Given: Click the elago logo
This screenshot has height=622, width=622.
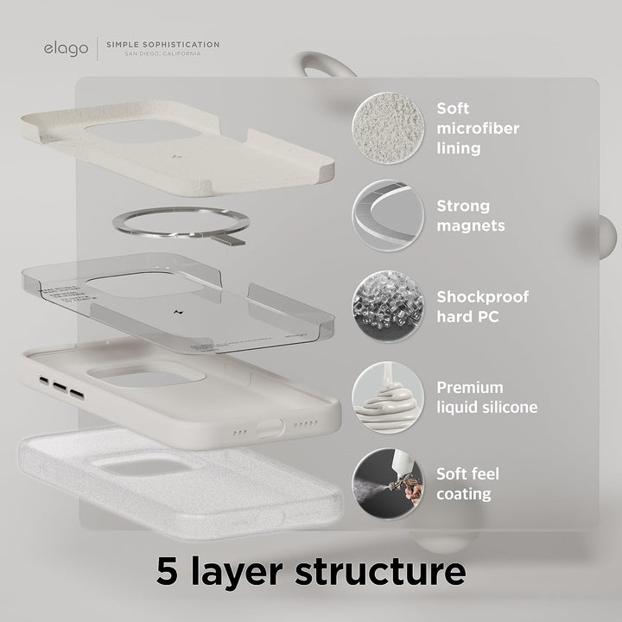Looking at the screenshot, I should tap(66, 48).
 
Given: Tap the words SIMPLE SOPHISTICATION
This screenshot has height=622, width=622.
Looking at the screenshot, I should tap(162, 44).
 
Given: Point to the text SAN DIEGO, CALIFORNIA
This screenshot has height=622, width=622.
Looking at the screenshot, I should tap(162, 54).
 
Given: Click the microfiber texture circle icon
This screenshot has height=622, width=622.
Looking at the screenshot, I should tap(388, 126).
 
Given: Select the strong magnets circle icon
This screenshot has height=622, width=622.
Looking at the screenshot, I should tap(388, 215).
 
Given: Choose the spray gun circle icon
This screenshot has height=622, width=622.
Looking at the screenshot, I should tap(388, 483).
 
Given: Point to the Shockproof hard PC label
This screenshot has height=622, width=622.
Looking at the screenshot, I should tap(481, 307).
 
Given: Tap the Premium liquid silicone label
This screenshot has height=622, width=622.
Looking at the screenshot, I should tap(486, 397).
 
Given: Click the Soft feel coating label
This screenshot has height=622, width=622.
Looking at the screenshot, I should tap(467, 484).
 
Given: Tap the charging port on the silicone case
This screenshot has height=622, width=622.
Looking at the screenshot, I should tap(270, 427).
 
